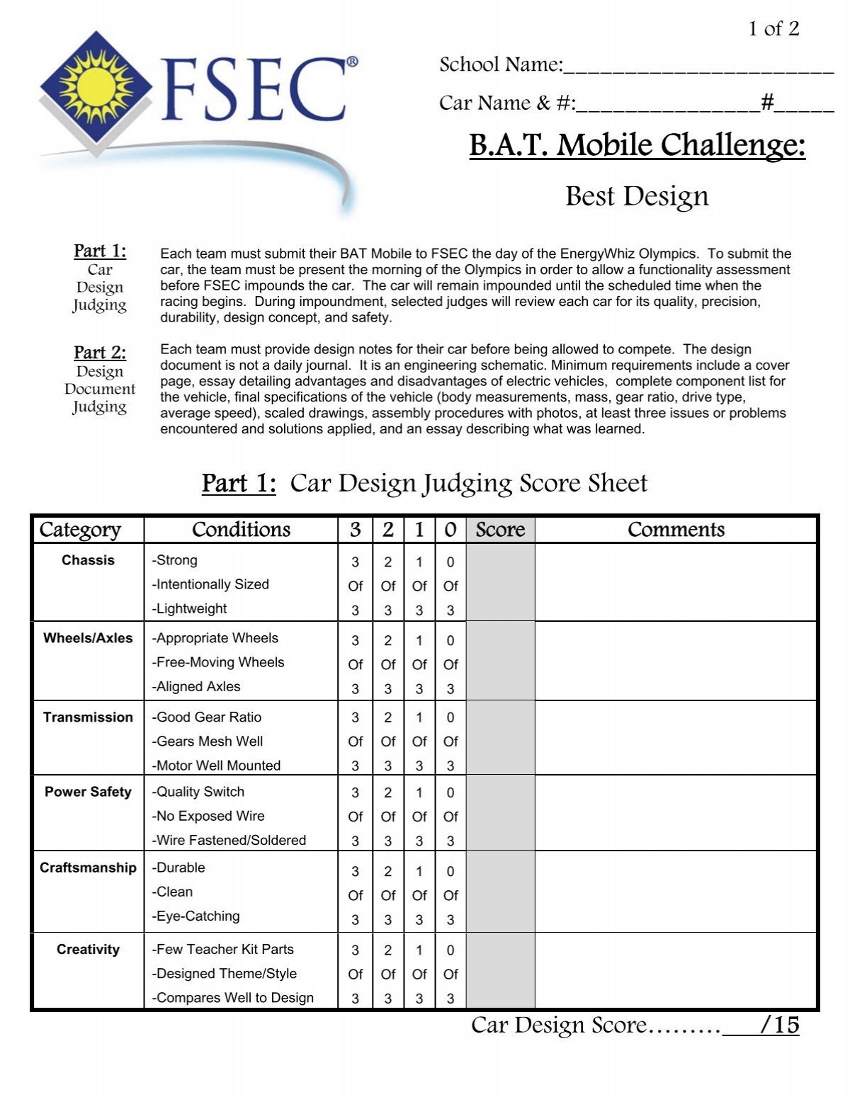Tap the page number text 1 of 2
coord(773,28)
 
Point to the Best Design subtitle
coord(637,196)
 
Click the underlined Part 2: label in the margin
coord(100,352)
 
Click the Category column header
coord(80,530)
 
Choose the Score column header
coord(500,530)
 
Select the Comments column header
coord(676,530)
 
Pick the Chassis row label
coord(88,560)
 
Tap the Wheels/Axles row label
coord(88,638)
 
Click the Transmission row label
coord(88,717)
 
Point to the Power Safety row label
coord(88,792)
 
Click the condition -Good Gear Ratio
coord(207,717)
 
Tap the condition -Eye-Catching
coord(196,916)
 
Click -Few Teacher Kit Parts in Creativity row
coord(223,949)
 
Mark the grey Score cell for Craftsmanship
coord(500,892)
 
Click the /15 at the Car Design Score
coord(778,1025)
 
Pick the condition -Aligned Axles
coord(196,686)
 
